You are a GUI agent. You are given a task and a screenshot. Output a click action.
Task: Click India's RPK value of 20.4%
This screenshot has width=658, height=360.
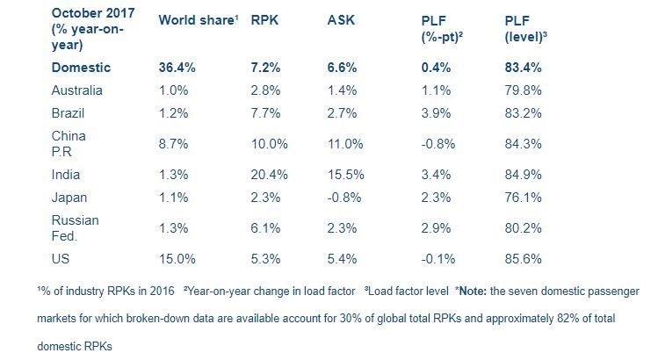coord(269,176)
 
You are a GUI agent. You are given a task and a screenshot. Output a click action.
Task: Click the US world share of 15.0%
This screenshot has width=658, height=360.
coord(177,258)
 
